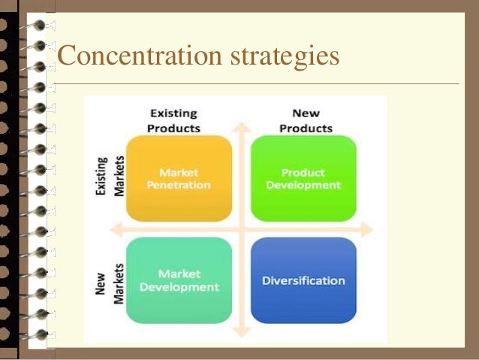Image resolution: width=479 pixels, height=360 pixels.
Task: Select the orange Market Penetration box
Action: [x=179, y=178]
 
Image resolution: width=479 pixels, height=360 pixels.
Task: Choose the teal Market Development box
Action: [x=179, y=280]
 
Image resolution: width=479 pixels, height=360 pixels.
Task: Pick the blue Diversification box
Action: [x=303, y=280]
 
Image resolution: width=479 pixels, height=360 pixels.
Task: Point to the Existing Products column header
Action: [x=174, y=120]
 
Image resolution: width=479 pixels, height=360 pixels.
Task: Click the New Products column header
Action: [x=306, y=120]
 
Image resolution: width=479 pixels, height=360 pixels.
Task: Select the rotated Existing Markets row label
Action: [x=107, y=177]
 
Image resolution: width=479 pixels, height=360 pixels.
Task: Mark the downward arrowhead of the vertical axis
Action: [x=241, y=331]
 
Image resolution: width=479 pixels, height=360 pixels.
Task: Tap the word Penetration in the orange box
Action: [x=179, y=185]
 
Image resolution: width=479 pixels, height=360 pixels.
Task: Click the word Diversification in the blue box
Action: [x=303, y=280]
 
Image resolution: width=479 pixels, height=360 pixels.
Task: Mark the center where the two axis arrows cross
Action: [x=241, y=228]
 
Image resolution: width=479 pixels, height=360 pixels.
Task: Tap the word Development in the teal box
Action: [x=179, y=286]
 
